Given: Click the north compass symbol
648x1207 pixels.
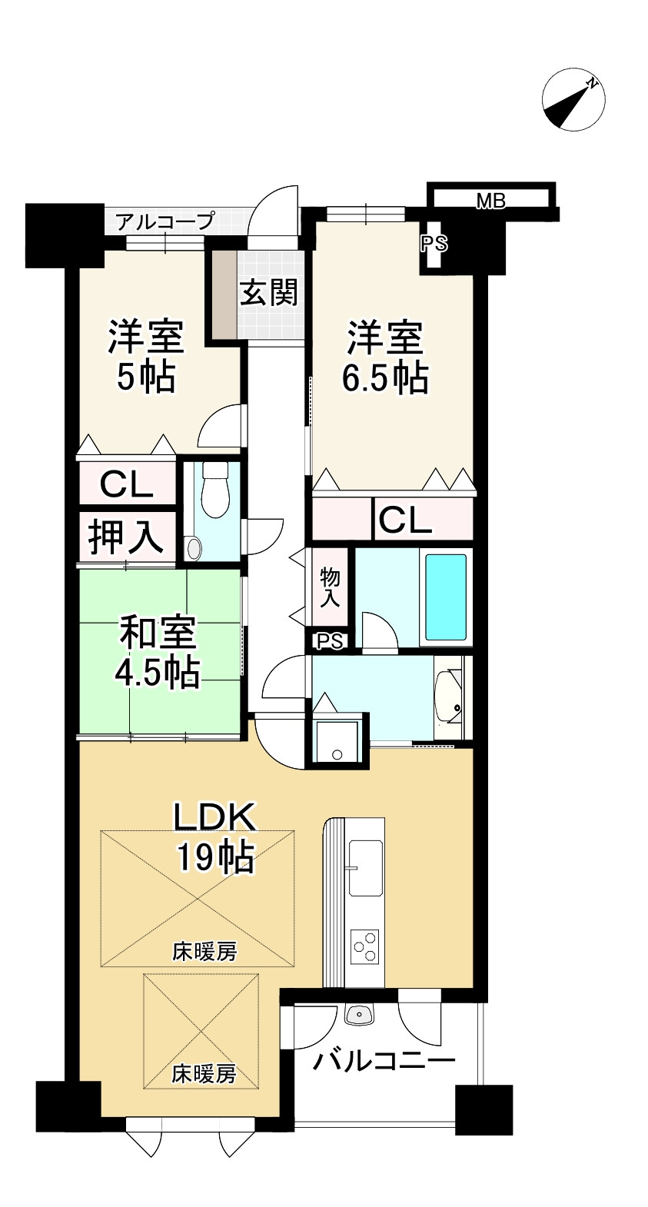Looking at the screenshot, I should (x=573, y=101).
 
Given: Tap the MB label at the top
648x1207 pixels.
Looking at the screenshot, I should (x=490, y=201).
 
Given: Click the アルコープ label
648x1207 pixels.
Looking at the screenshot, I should (x=164, y=223).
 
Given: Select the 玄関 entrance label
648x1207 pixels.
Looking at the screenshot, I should (x=268, y=293).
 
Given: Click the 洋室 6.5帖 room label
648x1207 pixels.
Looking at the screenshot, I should (x=384, y=357).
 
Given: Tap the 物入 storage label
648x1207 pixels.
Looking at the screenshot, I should (x=330, y=587).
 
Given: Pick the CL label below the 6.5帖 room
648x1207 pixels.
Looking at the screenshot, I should (x=404, y=520).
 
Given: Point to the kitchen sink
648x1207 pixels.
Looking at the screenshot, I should (x=365, y=867).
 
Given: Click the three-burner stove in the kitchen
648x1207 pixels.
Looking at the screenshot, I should (x=365, y=946).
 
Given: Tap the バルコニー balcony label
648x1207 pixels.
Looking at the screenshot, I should (x=384, y=1062).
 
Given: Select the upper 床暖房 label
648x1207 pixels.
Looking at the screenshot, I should (x=204, y=952).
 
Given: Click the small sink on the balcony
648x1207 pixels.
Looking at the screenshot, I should (x=359, y=1016).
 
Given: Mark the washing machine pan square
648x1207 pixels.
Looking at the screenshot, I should (x=337, y=742).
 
